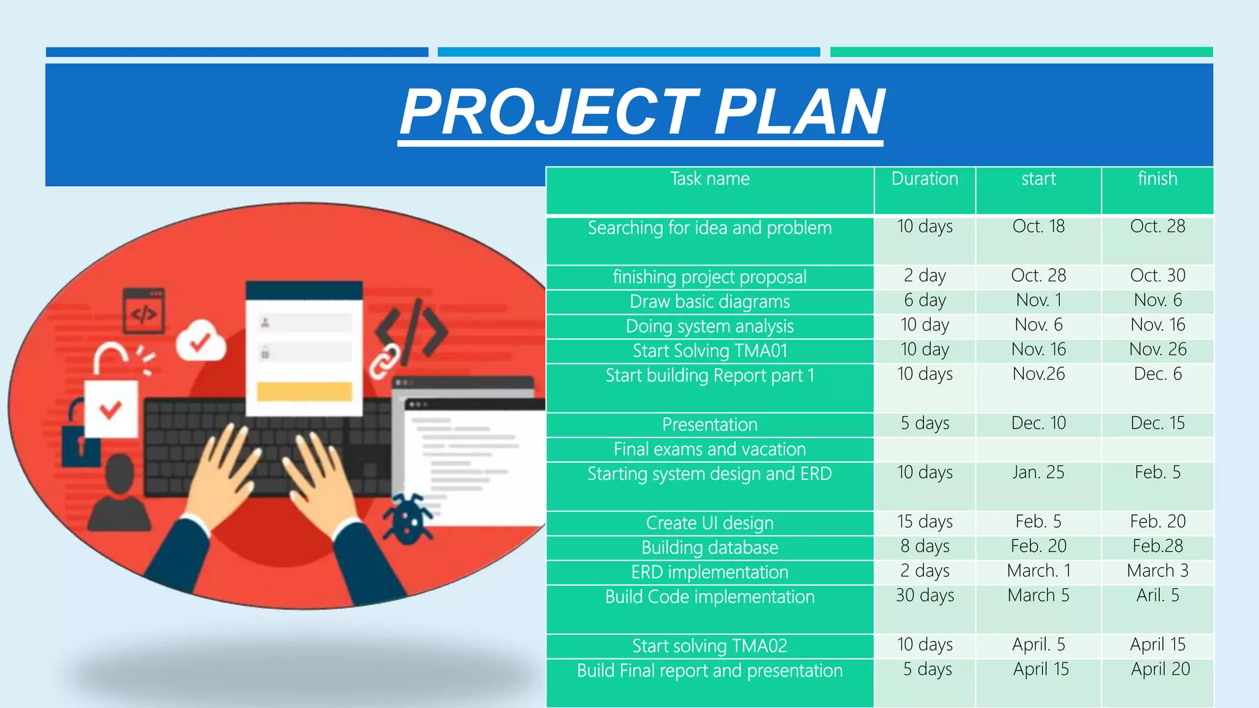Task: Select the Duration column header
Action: click(x=925, y=179)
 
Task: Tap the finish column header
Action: click(x=1157, y=179)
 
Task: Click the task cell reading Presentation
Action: click(x=709, y=425)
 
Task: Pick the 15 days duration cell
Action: click(x=925, y=522)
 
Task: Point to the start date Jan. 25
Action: click(x=1038, y=473)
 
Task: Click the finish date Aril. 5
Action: click(x=1157, y=596)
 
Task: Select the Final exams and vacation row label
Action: click(x=709, y=449)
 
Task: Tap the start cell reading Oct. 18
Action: click(x=1038, y=227)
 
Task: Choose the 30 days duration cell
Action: click(x=925, y=596)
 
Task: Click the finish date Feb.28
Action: click(x=1157, y=546)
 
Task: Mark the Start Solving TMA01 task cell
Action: click(x=709, y=351)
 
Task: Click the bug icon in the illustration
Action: click(x=407, y=519)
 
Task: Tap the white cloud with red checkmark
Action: click(x=200, y=340)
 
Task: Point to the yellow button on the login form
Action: click(x=304, y=391)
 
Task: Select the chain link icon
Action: click(x=384, y=361)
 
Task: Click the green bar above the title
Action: click(x=1020, y=52)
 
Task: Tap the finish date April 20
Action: click(x=1159, y=669)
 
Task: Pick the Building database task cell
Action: click(x=709, y=548)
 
